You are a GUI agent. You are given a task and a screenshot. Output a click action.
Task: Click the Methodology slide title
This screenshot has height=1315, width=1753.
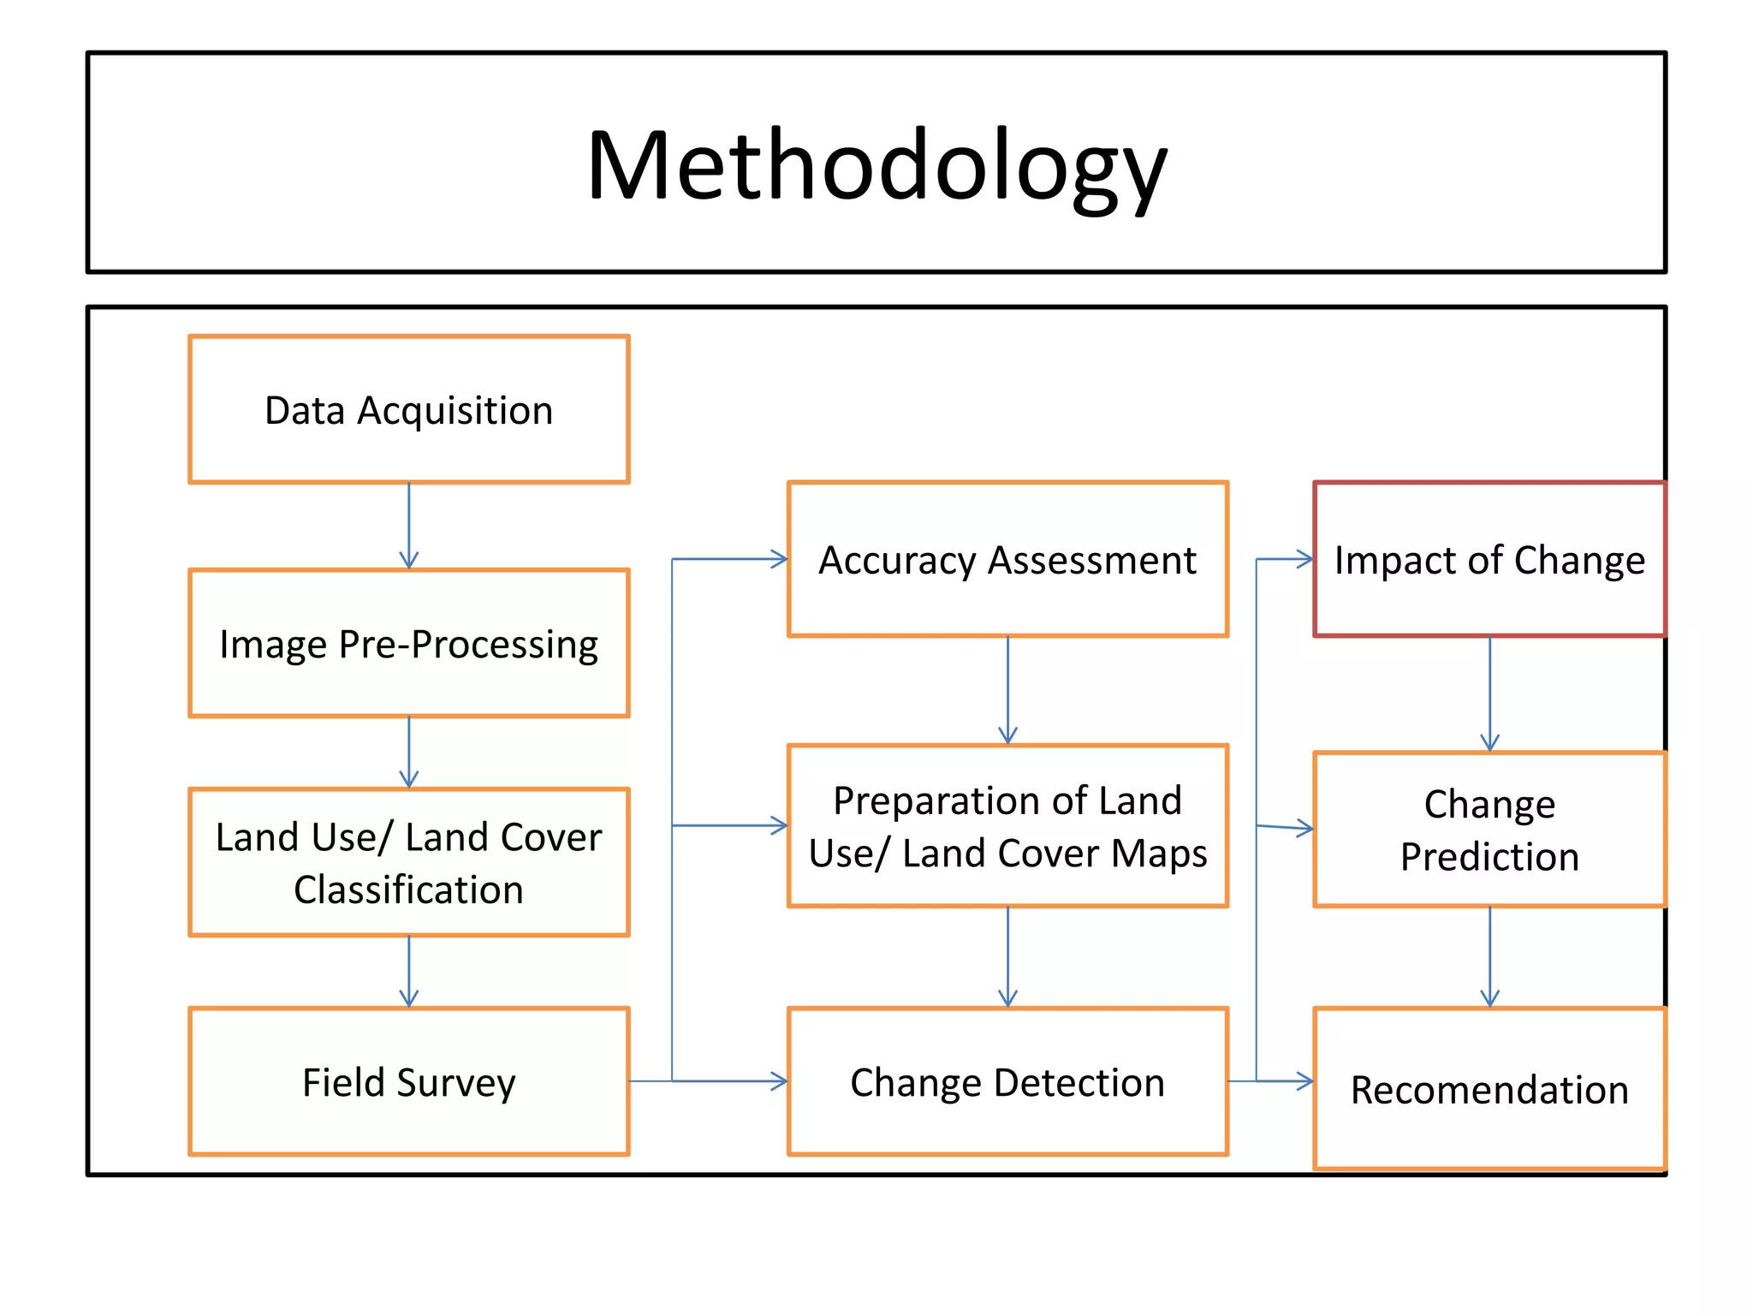(876, 164)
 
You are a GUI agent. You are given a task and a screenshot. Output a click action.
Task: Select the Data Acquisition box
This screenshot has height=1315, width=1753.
(409, 410)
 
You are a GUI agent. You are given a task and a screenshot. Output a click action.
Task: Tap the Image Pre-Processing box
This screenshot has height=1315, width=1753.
(409, 644)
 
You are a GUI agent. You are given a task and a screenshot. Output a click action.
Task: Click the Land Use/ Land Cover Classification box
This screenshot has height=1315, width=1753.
(409, 862)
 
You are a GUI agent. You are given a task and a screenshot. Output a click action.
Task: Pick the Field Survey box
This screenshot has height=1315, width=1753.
(409, 1082)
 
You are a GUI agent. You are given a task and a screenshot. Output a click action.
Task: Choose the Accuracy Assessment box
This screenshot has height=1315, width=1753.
(1007, 560)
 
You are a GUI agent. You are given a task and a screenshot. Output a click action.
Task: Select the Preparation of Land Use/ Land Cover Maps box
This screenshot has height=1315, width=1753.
(1007, 826)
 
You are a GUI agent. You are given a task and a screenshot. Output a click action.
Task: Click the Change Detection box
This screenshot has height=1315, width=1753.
(1007, 1082)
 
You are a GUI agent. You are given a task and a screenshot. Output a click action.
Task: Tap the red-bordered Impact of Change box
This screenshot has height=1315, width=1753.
(1489, 560)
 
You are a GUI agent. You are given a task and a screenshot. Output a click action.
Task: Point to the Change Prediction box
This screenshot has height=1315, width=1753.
(1489, 829)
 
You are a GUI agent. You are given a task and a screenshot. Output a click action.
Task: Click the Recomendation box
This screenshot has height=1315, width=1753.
(1489, 1089)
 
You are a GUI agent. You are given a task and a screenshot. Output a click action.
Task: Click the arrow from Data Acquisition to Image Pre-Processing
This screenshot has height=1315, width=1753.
(409, 526)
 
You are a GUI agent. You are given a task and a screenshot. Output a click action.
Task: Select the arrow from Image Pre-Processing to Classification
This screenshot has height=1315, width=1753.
(409, 752)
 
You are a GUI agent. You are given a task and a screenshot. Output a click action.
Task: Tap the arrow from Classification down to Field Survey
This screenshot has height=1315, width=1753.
(409, 971)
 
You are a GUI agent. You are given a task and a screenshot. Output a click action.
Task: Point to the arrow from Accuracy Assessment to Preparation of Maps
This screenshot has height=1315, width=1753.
(1007, 690)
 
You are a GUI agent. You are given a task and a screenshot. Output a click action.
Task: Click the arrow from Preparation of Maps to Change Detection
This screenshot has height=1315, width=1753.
(1007, 956)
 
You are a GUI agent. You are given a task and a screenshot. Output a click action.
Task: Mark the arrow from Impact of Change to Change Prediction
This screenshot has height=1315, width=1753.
(1489, 693)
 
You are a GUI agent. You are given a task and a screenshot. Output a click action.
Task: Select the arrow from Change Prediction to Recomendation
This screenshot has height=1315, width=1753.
(1489, 956)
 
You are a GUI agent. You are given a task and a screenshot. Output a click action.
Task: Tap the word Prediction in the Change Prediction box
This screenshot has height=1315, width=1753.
(1489, 857)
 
